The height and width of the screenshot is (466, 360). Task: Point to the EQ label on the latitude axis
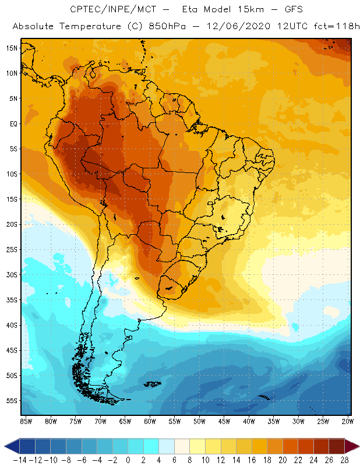tap(12, 123)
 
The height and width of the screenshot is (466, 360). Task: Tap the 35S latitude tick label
tap(10, 300)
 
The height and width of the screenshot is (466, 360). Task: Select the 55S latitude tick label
tap(10, 401)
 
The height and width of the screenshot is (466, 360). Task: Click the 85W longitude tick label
tap(26, 421)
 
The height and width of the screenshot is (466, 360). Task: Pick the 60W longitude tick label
tap(150, 421)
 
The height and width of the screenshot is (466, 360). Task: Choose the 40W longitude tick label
tap(249, 421)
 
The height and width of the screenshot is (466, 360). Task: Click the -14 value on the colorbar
tap(20, 460)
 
